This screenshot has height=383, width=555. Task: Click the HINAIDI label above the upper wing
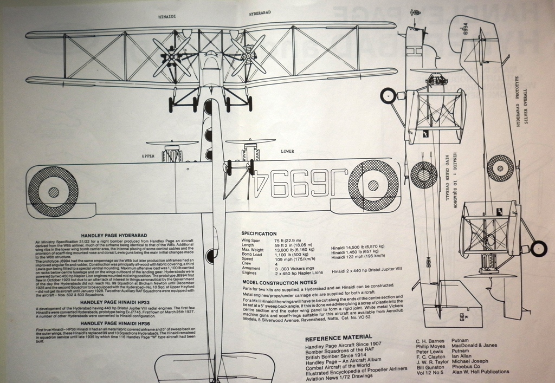tap(167, 17)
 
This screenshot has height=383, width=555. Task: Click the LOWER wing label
tap(287, 152)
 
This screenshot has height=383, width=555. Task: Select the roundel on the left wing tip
tap(53, 191)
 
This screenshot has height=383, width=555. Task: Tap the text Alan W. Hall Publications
tap(479, 372)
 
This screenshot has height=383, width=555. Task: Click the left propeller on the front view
tap(172, 55)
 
